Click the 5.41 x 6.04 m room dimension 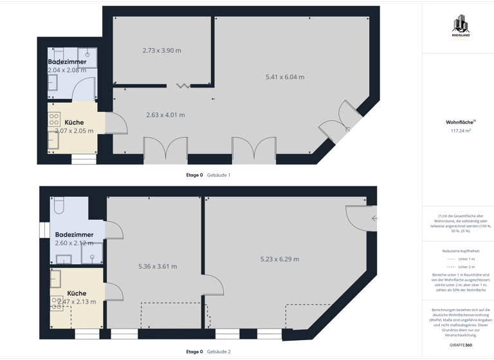click(285, 77)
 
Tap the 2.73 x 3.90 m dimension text click(161, 50)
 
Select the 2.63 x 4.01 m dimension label click(165, 115)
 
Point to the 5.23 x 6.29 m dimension click(279, 259)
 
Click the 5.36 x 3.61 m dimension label click(158, 266)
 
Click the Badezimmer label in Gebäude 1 click(67, 62)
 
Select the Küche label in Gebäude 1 click(74, 122)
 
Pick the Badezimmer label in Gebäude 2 click(74, 235)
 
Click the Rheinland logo click(461, 26)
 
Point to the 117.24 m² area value click(461, 130)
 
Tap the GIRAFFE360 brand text click(461, 345)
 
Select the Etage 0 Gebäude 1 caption click(208, 175)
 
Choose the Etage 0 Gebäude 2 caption click(208, 352)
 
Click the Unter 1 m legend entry click(461, 258)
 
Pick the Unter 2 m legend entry click(461, 266)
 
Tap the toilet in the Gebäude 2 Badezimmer click(59, 205)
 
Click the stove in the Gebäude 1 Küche click(54, 119)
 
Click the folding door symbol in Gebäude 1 click(183, 85)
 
